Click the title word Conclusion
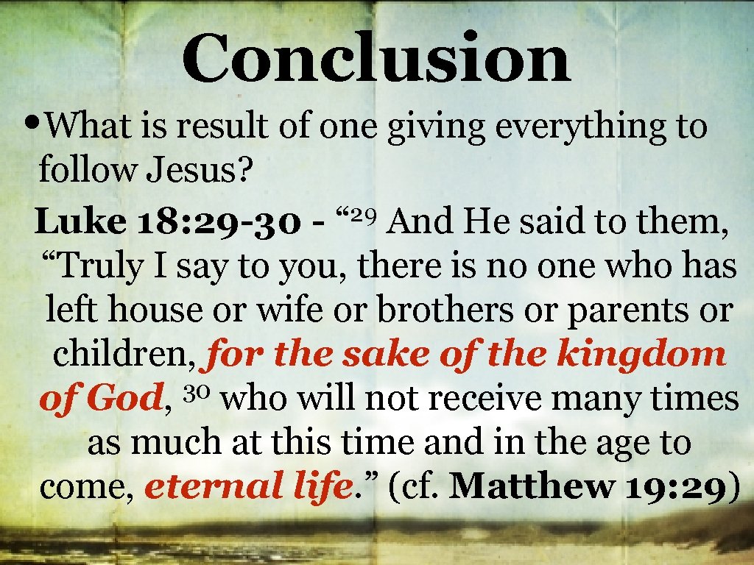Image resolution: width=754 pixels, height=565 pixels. pyautogui.click(x=376, y=59)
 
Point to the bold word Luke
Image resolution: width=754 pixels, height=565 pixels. pyautogui.click(x=81, y=220)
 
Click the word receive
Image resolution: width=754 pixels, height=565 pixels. pyautogui.click(x=471, y=399)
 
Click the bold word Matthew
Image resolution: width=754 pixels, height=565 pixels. pyautogui.click(x=531, y=488)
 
